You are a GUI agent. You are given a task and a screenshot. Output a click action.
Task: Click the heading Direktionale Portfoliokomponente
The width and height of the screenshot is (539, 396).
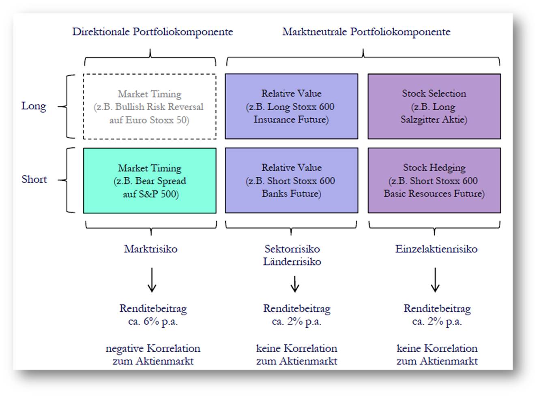pos(152,32)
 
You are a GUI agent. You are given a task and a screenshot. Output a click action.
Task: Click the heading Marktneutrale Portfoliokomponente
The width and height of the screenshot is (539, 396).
pos(366,32)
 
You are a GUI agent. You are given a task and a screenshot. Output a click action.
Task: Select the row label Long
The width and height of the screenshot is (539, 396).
pos(34,106)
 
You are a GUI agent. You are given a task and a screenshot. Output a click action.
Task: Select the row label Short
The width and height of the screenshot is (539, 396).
pos(34,179)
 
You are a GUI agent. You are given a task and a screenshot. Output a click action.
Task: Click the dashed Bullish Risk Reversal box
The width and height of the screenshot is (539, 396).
pos(150,107)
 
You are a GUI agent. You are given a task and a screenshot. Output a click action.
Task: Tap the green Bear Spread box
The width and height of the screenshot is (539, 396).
pos(150,180)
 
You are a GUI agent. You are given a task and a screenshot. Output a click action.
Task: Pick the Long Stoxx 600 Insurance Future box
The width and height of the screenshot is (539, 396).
pos(291,106)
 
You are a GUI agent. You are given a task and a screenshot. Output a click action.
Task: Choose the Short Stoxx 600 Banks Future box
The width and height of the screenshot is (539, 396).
pos(291,180)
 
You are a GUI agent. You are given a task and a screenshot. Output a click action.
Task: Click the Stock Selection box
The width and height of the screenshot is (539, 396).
pos(434,106)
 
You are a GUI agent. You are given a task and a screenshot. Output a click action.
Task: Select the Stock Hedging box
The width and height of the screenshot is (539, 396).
pos(434,180)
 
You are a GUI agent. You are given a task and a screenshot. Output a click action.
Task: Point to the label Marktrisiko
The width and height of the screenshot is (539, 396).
pos(151,249)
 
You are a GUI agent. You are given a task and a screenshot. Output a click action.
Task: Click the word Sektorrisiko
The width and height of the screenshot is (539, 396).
pos(292,249)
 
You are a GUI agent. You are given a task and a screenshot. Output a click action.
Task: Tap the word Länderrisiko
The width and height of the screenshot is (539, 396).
pos(292,261)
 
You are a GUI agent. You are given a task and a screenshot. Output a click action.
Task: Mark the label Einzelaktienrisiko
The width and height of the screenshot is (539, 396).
pos(436,249)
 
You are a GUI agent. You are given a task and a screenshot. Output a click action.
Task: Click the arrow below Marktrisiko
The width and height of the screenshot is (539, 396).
pos(152,280)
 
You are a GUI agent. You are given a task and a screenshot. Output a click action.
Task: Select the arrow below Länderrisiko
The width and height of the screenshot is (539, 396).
pos(295,284)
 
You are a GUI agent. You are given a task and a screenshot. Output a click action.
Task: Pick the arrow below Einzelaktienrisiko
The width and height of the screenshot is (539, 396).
pos(435,280)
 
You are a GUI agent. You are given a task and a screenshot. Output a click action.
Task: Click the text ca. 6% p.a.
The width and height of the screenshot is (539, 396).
pos(153,321)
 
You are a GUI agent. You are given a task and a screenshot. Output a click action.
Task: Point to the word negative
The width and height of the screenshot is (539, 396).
pos(125,349)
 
